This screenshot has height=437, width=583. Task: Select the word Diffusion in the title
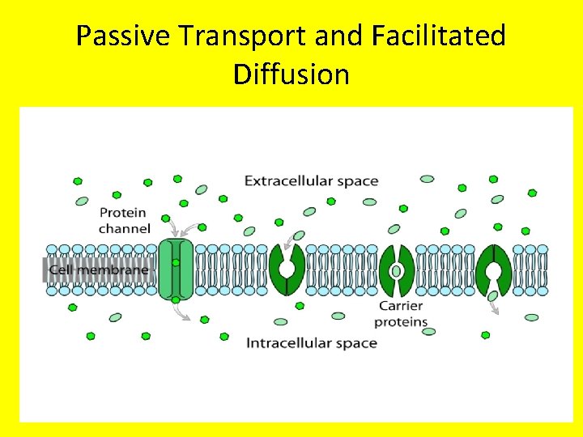tap(291, 74)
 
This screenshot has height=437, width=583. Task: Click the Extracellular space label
tap(311, 180)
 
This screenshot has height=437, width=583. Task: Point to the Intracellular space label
tap(311, 342)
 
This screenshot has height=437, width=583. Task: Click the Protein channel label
tap(124, 220)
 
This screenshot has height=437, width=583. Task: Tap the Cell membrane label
tap(98, 269)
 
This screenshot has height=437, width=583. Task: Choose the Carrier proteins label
tap(401, 314)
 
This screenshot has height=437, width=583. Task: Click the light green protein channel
tap(176, 269)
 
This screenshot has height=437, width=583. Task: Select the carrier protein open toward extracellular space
tap(287, 269)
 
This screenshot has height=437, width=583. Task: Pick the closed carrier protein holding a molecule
tap(397, 269)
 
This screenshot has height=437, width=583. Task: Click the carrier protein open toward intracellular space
tap(493, 269)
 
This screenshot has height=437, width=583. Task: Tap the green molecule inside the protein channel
tap(176, 263)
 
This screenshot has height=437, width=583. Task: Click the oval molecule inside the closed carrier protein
tap(397, 270)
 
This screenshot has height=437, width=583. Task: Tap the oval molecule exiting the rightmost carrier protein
tap(492, 296)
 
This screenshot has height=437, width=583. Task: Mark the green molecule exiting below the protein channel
tap(176, 299)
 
